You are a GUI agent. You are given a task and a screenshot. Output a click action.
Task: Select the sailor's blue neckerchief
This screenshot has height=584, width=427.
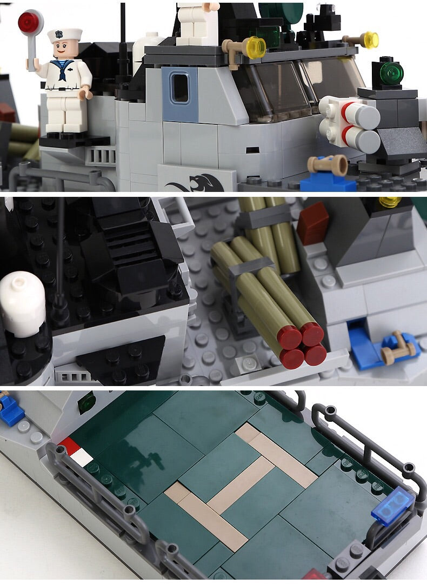coord(63,70)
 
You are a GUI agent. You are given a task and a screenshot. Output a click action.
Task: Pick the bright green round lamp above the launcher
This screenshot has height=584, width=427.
coord(391,72)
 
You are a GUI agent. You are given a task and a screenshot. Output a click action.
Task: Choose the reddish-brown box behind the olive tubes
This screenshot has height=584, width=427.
coord(312,223)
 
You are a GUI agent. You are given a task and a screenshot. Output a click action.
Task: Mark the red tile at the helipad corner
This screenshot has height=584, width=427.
coord(69,446)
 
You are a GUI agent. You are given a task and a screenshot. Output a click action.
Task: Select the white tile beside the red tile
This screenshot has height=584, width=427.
coord(82,458)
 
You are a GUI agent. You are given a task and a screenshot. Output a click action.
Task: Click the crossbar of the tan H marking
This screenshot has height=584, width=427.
coord(241,484)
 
